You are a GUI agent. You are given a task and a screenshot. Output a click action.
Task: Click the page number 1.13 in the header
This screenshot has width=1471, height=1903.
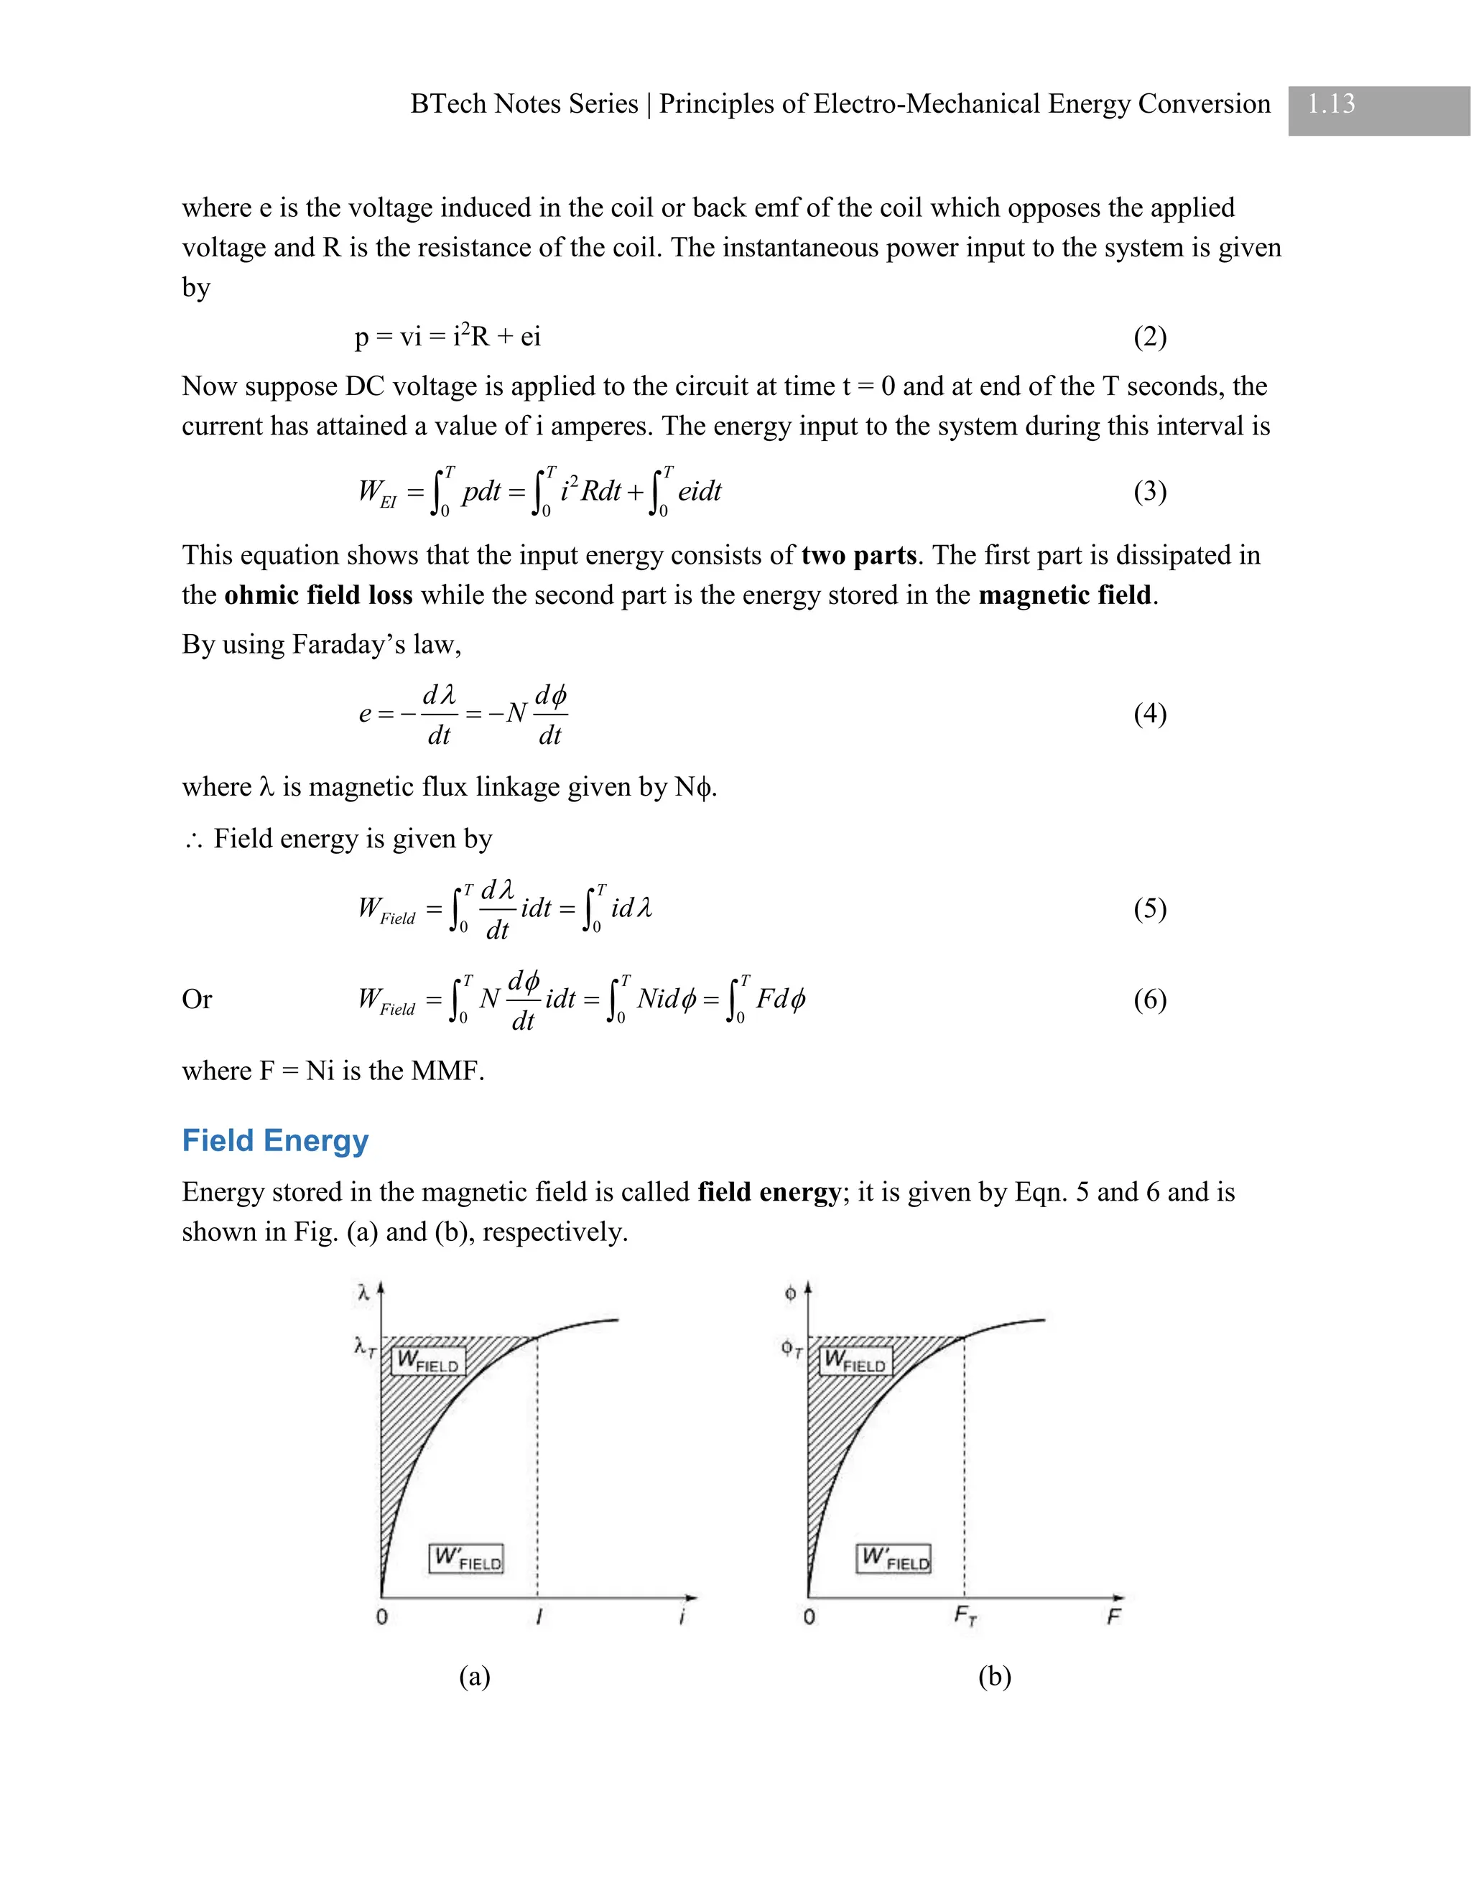(x=1331, y=103)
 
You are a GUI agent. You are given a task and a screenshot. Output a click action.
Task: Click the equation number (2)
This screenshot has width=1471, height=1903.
(x=1149, y=336)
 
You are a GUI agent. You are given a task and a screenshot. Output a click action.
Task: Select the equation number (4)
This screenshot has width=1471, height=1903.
(x=1149, y=714)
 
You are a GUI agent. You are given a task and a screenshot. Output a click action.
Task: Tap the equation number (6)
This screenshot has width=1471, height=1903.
(x=1149, y=999)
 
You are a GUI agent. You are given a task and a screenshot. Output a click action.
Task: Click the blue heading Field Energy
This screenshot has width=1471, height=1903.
(x=275, y=1140)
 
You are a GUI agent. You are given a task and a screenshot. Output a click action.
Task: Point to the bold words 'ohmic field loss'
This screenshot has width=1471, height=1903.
(x=318, y=595)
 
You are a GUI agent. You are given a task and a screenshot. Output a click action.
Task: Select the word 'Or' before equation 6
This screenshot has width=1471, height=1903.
(x=196, y=999)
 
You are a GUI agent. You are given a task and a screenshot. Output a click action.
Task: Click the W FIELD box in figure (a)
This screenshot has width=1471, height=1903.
(x=428, y=1361)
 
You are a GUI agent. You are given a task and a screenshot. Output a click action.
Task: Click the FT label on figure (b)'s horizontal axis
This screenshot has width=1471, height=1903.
(x=965, y=1616)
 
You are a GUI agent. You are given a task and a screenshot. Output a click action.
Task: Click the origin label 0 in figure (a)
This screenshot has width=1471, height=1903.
(x=381, y=1617)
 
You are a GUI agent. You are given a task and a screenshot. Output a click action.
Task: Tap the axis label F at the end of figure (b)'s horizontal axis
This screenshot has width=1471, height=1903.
(x=1113, y=1617)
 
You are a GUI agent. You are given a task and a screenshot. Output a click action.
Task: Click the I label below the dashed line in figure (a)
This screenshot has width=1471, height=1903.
(x=539, y=1617)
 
